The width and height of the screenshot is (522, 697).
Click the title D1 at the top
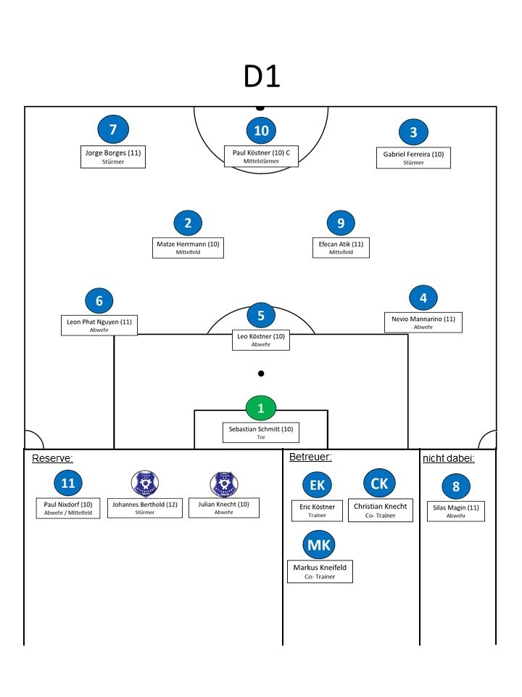coord(261,76)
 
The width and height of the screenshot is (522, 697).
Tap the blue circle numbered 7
coord(113,130)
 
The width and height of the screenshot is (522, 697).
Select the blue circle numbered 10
coord(261,131)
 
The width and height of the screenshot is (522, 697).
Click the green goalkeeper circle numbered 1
coord(261,408)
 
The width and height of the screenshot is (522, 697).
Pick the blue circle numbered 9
coord(341,223)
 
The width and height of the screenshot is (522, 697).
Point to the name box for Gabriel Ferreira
coord(413,158)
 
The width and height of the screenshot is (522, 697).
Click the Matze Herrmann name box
coord(188,247)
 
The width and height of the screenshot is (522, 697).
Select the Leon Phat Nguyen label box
coord(99,325)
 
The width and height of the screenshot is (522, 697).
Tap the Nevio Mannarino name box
coord(423,322)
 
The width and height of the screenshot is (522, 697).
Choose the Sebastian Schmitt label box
coord(261,433)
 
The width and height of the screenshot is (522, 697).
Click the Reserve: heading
coord(52,458)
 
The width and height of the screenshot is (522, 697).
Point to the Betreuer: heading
coord(310,457)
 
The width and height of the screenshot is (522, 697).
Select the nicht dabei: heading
coord(448,458)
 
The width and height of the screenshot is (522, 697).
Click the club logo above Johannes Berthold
coord(144,484)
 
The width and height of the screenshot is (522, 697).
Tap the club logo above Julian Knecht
coord(223,484)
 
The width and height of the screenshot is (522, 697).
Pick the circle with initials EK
coord(318,485)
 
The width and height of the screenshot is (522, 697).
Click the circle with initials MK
coord(319,545)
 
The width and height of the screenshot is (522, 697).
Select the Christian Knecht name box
coord(381,510)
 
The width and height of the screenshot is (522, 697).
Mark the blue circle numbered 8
coord(456,486)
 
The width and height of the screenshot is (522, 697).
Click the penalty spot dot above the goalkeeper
coord(261,373)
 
